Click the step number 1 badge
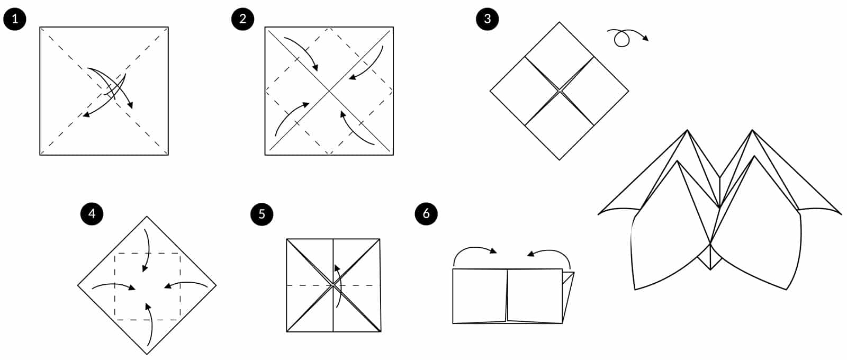(14, 19)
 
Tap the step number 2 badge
(242, 19)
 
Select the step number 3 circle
(487, 19)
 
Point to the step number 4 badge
(92, 214)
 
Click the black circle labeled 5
(262, 214)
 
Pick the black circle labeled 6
(426, 214)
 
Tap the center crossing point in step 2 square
(329, 91)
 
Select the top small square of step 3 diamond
(560, 56)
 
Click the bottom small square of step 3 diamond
(560, 125)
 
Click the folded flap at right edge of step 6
(567, 296)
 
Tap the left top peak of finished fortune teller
(687, 131)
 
